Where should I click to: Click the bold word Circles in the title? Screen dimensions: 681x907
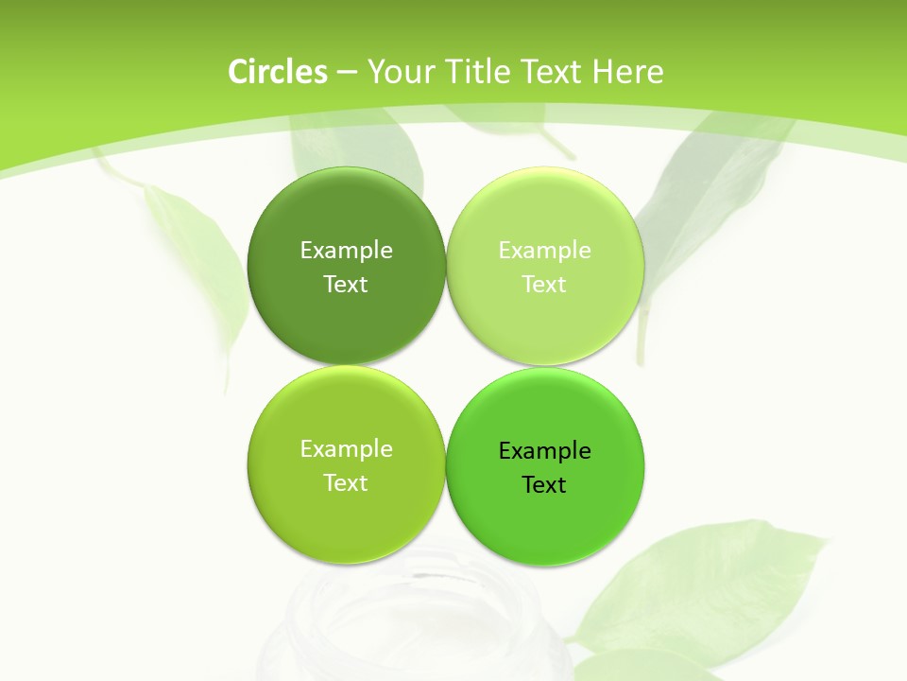[x=278, y=72]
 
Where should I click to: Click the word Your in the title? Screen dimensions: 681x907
[x=398, y=72]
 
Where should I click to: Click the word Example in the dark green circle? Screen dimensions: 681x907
[x=346, y=251]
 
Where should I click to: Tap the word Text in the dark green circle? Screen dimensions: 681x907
[x=346, y=285]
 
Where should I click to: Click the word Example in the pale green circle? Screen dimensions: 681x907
[x=544, y=251]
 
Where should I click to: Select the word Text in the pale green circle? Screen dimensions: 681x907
[x=544, y=285]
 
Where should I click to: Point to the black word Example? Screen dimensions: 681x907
[x=544, y=451]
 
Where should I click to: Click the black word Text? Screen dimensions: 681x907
[x=544, y=485]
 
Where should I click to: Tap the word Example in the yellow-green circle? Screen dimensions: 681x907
[x=346, y=449]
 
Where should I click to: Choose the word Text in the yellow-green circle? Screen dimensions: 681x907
[x=346, y=483]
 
